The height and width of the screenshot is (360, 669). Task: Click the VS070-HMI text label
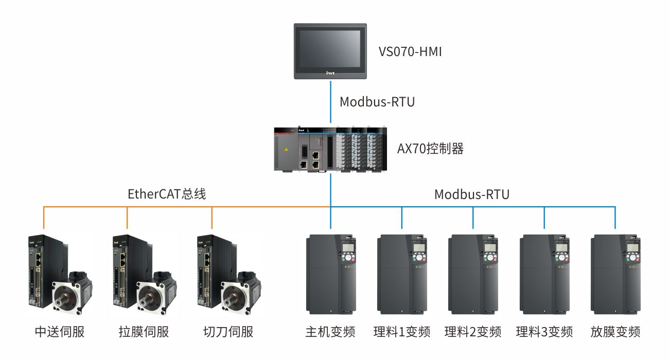[410, 51]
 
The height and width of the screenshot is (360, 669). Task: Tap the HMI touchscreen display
[330, 47]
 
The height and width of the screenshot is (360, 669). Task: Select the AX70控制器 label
[430, 149]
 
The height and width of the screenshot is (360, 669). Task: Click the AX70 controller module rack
[330, 149]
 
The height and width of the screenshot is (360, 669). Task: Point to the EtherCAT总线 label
[167, 194]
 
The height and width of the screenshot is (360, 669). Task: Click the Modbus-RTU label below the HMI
[377, 102]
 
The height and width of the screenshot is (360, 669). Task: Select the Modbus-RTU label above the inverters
[472, 194]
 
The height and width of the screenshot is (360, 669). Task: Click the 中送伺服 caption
[59, 332]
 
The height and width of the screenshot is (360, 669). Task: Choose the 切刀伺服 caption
[228, 332]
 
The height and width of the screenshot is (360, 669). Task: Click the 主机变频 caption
[330, 332]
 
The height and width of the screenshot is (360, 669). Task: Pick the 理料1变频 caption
[402, 332]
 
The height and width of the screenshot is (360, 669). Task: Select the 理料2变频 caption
[473, 332]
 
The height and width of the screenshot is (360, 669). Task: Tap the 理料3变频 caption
[544, 332]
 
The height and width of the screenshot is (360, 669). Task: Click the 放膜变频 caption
[615, 332]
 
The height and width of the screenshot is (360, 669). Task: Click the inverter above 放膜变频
[615, 275]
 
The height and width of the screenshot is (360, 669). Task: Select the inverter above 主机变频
[330, 275]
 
